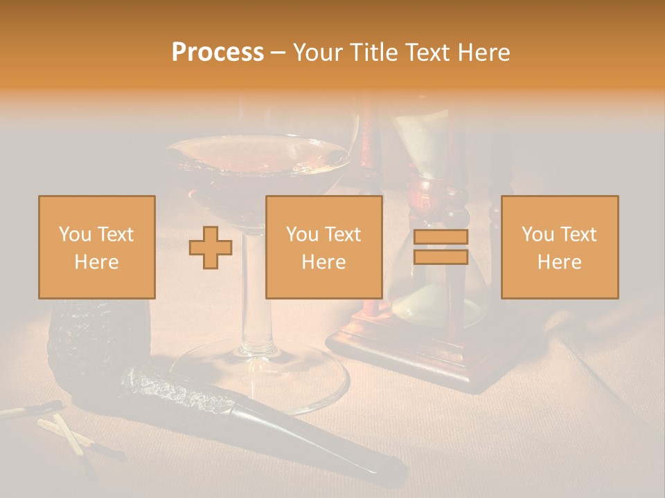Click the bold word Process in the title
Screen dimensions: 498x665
click(x=218, y=53)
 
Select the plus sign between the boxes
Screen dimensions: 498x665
click(x=211, y=248)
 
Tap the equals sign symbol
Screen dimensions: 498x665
click(x=441, y=247)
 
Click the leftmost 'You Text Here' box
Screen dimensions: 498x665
click(x=97, y=247)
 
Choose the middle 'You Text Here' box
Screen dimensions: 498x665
click(x=323, y=247)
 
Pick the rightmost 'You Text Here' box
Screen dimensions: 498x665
click(x=560, y=247)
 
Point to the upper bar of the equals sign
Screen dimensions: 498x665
click(x=441, y=237)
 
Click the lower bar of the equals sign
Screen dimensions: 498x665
click(x=441, y=257)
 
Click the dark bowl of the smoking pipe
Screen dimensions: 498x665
click(x=97, y=346)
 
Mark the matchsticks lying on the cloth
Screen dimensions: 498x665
click(x=69, y=432)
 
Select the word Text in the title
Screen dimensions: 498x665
click(x=427, y=53)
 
